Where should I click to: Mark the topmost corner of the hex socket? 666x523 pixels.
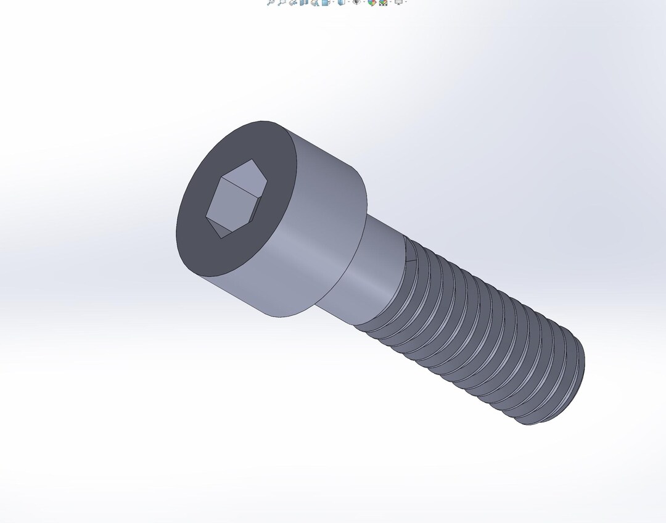tap(251, 160)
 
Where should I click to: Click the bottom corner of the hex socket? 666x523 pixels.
tap(220, 237)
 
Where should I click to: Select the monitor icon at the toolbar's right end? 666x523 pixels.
tap(399, 2)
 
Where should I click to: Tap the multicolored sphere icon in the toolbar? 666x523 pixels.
tap(372, 2)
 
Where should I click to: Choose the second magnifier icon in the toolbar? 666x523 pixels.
tap(281, 2)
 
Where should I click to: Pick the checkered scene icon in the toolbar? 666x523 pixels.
tap(383, 2)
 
